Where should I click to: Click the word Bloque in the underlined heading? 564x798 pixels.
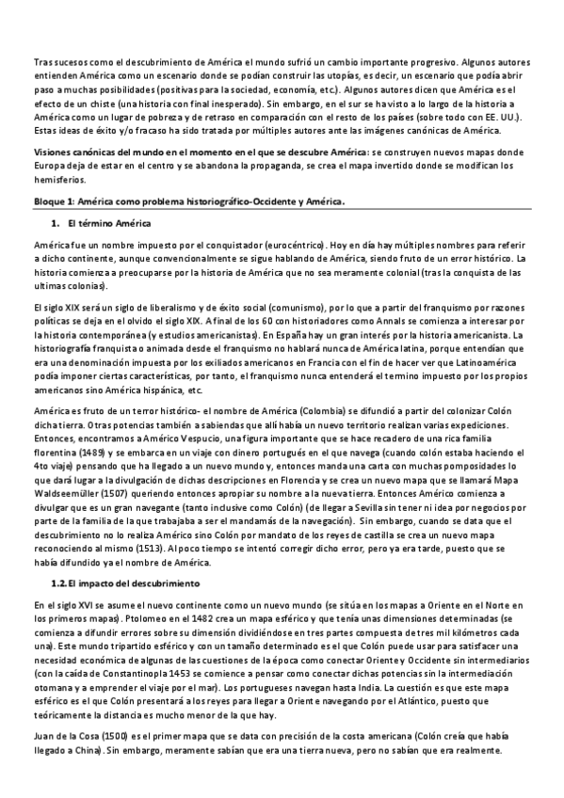coord(46,200)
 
